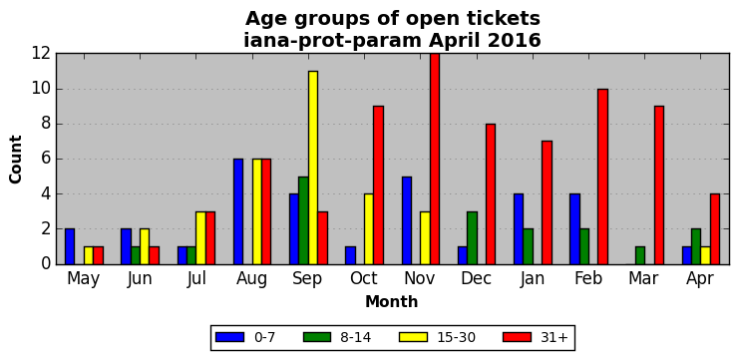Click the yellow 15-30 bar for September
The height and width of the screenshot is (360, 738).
[x=313, y=168]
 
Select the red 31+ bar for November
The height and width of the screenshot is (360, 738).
[x=435, y=160]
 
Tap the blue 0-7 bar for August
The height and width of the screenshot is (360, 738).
[x=238, y=211]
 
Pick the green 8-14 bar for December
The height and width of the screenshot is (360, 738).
[x=472, y=238]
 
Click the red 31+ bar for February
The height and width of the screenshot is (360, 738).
[x=603, y=177]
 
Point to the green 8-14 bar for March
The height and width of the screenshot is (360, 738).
[x=640, y=255]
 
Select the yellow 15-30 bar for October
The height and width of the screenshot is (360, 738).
[x=369, y=229]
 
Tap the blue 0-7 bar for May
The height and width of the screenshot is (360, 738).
[x=70, y=246]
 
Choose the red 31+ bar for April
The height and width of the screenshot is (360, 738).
[x=715, y=229]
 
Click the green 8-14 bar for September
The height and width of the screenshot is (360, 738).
[x=303, y=220]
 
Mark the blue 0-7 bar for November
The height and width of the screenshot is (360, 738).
[x=407, y=220]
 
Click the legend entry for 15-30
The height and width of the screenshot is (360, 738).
[x=437, y=337]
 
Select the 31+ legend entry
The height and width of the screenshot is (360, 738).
[x=537, y=337]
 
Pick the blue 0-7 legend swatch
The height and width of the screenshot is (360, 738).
[x=229, y=337]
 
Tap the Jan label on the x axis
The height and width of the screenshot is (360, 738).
[x=533, y=278]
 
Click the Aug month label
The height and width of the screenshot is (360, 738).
[x=251, y=279]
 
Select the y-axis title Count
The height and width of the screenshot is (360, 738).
[x=16, y=160]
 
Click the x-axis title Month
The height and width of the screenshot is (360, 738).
[x=392, y=301]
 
